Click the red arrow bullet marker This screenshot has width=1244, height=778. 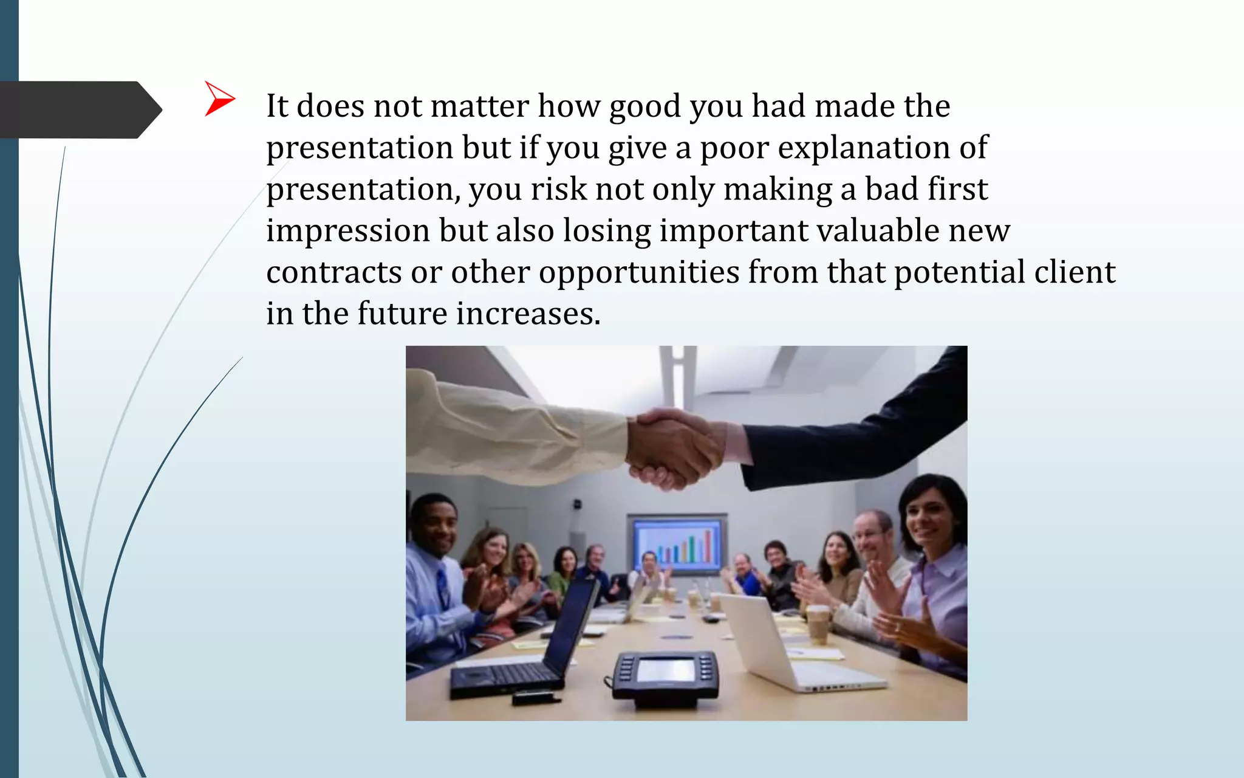219,98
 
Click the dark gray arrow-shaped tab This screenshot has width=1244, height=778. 79,110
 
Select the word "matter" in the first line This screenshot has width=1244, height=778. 480,106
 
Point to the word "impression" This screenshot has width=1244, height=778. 348,232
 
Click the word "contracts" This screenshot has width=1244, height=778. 333,273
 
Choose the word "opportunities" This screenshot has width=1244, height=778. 638,273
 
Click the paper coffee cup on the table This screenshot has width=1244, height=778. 818,624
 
